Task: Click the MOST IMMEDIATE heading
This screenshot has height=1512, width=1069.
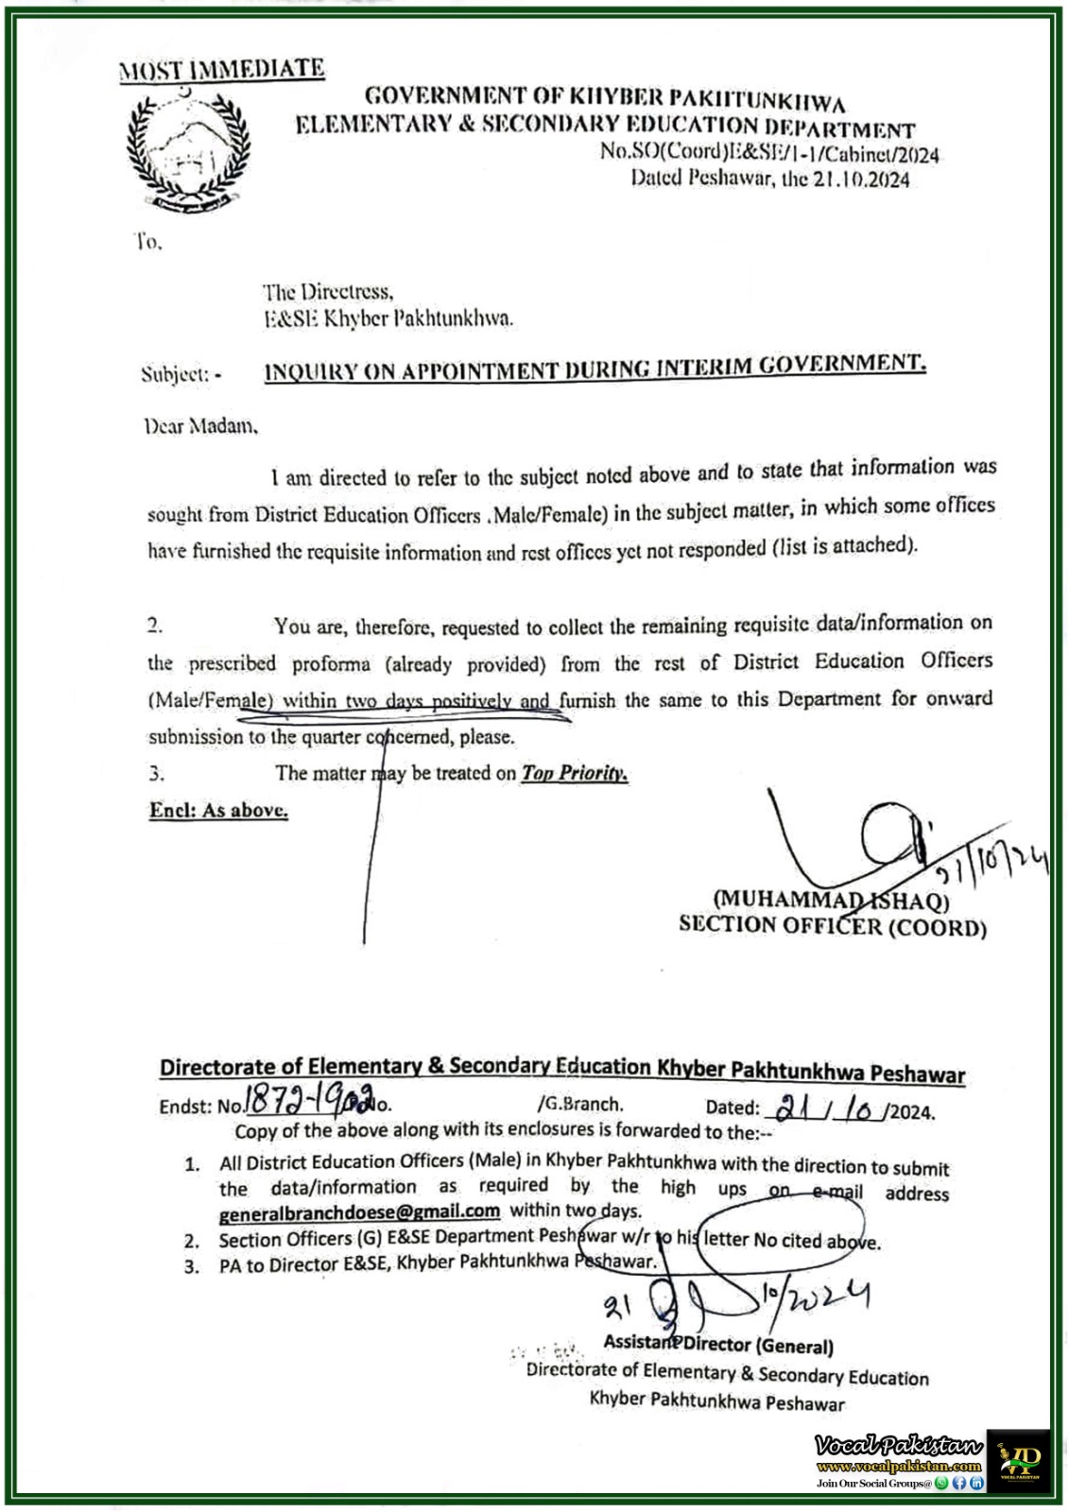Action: pyautogui.click(x=221, y=69)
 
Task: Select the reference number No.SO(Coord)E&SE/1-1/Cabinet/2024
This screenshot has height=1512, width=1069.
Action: pyautogui.click(x=769, y=153)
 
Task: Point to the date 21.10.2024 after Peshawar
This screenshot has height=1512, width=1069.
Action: pyautogui.click(x=860, y=180)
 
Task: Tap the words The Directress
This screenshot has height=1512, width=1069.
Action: pyautogui.click(x=328, y=292)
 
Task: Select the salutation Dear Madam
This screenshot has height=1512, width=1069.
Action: pyautogui.click(x=200, y=426)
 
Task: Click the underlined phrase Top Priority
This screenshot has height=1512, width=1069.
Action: pyautogui.click(x=575, y=773)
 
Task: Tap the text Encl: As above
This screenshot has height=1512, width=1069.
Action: pyautogui.click(x=218, y=810)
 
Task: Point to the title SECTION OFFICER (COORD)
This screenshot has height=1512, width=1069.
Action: pyautogui.click(x=832, y=926)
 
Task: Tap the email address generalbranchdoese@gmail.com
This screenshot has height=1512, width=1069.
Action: pyautogui.click(x=359, y=1211)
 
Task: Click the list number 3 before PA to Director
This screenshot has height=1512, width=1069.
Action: pyautogui.click(x=192, y=1266)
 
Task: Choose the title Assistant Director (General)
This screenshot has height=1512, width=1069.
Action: pyautogui.click(x=718, y=1345)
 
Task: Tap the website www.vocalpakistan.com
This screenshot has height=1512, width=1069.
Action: pyautogui.click(x=899, y=1466)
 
